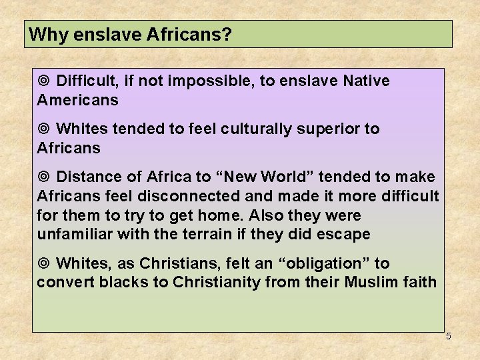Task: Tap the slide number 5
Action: pos(449,336)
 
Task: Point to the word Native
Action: pos(366,81)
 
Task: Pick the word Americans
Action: pos(77,101)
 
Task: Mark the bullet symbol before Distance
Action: pos(44,177)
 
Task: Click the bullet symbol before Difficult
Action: pos(44,81)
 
